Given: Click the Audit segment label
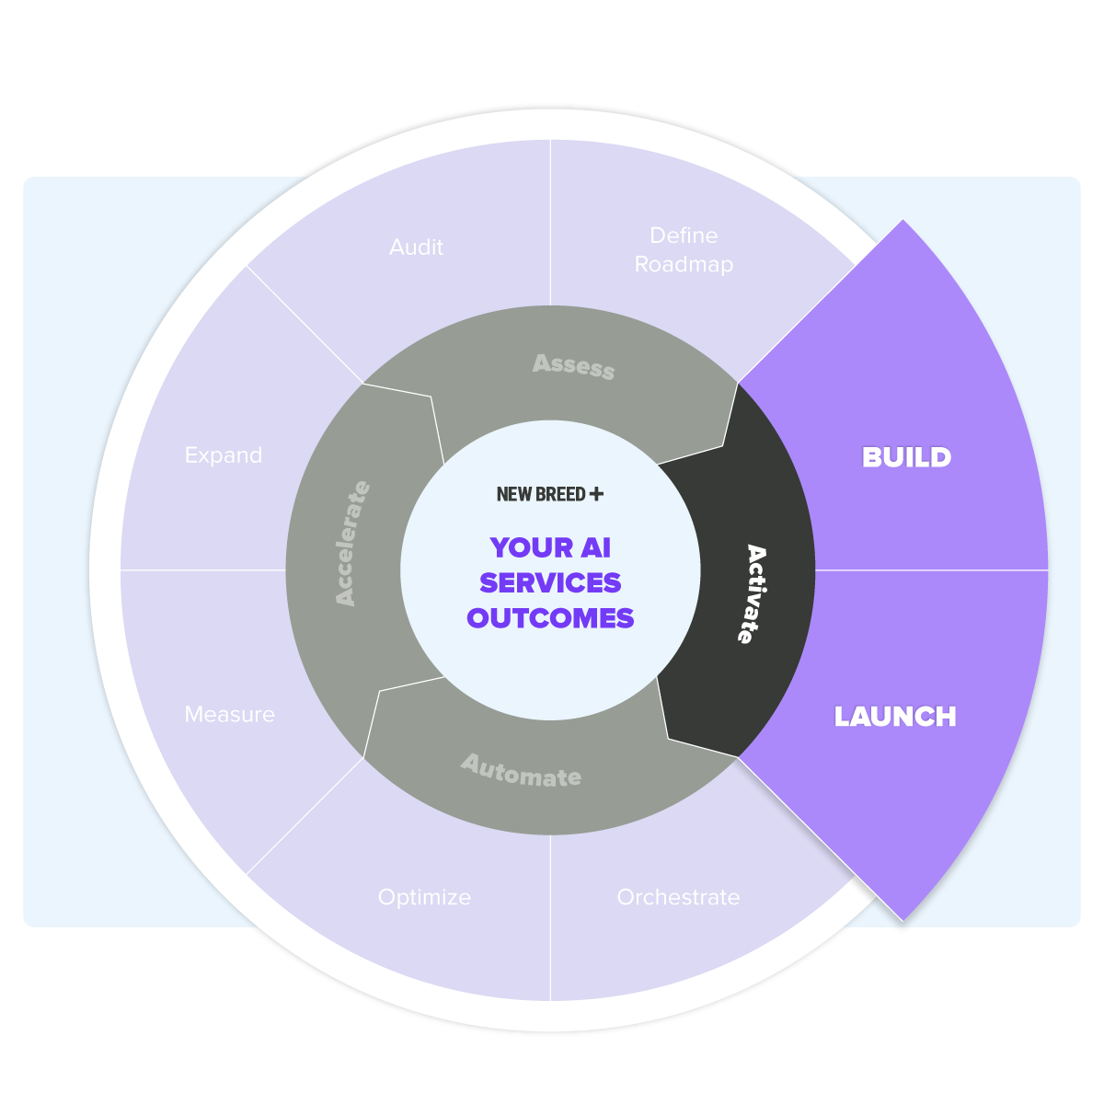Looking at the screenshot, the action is (x=416, y=247).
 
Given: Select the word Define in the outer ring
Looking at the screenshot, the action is (x=684, y=236).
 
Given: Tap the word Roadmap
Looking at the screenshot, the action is (x=684, y=265).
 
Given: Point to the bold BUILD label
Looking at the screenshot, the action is (x=906, y=457).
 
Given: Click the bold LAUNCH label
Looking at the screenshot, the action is (x=895, y=716).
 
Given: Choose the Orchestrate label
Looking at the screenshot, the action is (x=678, y=897).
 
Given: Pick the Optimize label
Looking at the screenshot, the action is (x=424, y=898).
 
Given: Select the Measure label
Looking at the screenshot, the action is (x=230, y=715).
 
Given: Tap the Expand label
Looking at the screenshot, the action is (x=224, y=456).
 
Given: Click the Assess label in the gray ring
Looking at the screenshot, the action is (x=573, y=366).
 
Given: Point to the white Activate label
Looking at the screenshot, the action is (x=753, y=594).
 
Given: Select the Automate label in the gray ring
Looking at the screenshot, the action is (x=521, y=771).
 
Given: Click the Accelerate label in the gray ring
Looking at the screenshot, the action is (x=352, y=543).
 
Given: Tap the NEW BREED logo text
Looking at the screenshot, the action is (x=541, y=494).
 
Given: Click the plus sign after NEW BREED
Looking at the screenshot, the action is (x=596, y=494).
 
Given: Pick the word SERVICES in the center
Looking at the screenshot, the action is (x=550, y=582).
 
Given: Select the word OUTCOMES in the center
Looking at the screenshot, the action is (x=550, y=618).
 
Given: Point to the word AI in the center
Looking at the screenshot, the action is (x=596, y=547).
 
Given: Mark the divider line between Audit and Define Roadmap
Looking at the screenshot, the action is (x=550, y=223).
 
